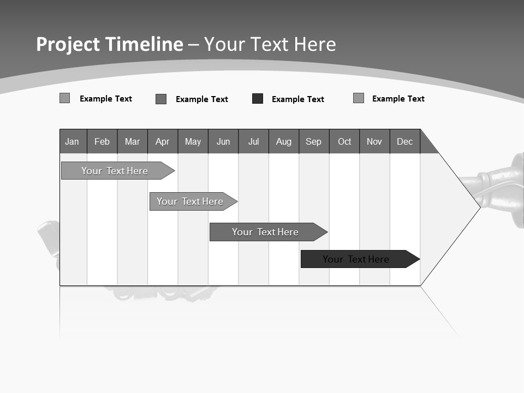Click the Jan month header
coord(73,141)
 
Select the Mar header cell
coord(132,141)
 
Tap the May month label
coord(193,141)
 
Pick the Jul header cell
coord(253,141)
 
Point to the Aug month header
coord(284,141)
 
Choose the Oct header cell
coord(344,141)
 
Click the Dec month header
coord(405,141)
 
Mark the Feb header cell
coord(102,141)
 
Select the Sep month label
coord(314,141)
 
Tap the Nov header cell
coord(374,141)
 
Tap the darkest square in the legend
coord(258,99)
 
